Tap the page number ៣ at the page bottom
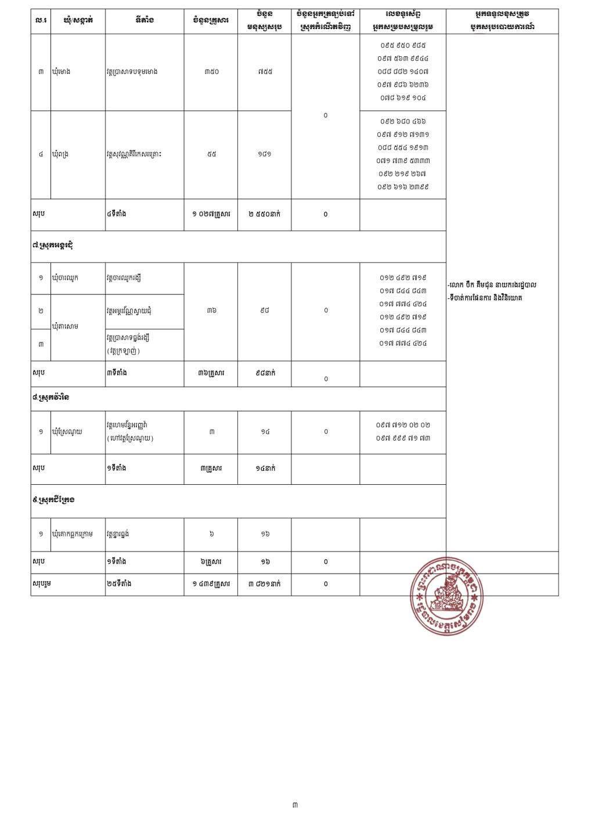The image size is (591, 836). [295, 805]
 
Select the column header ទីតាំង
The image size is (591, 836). [144, 21]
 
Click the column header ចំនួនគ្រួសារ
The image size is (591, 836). [211, 21]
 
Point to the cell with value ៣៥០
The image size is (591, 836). [211, 72]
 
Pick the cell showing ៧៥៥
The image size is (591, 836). [265, 72]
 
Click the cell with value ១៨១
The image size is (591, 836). [265, 154]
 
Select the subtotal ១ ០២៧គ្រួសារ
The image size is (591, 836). [211, 214]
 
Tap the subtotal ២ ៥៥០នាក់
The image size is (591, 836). [265, 214]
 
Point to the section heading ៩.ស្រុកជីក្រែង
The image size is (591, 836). [54, 500]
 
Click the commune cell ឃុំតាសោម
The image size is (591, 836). [65, 326]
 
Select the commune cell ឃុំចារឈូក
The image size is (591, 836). [65, 278]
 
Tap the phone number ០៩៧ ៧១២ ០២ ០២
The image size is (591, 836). [403, 425]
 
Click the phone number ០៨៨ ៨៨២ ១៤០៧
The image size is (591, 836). [403, 71]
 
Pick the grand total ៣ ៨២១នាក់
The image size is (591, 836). [265, 584]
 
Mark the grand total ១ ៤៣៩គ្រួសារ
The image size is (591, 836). [211, 584]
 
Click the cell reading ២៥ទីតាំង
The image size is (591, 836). [119, 584]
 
